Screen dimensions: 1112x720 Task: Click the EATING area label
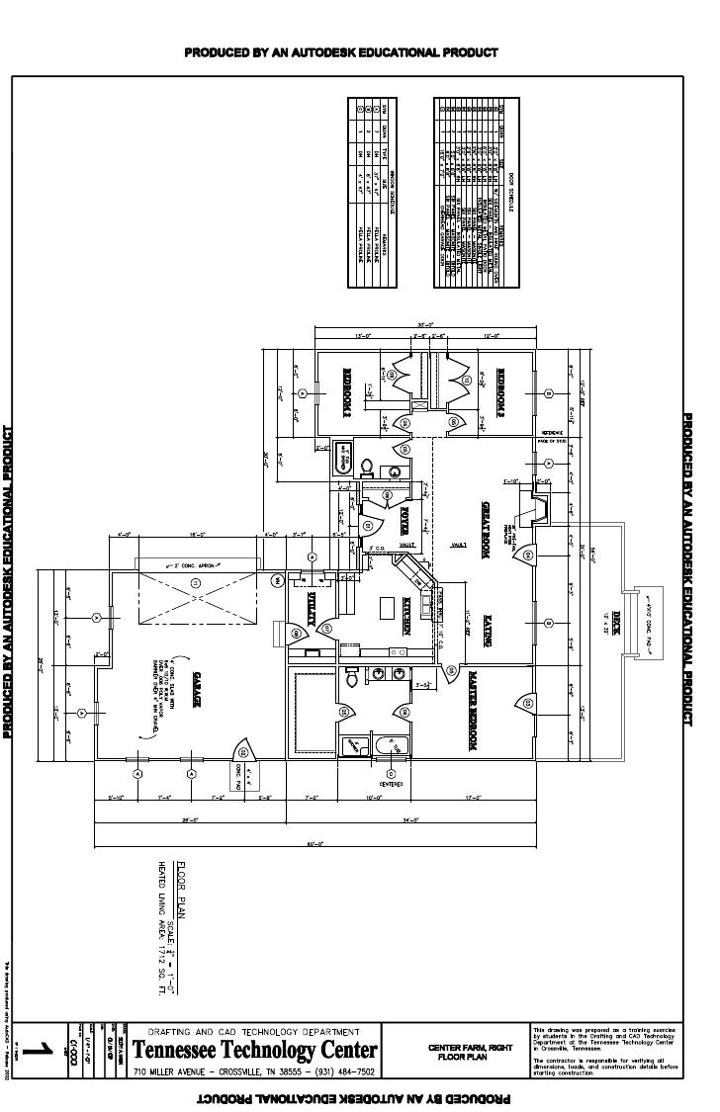click(x=488, y=632)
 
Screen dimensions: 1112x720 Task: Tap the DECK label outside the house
click(x=615, y=626)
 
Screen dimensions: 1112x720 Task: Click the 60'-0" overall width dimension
click(x=315, y=843)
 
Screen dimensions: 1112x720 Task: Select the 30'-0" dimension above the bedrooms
click(x=426, y=325)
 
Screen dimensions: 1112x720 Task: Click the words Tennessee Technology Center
click(x=255, y=1050)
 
